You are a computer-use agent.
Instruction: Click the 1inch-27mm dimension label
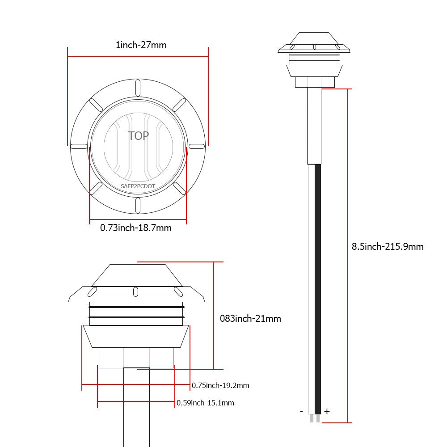(141, 45)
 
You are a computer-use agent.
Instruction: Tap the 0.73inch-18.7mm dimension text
(136, 228)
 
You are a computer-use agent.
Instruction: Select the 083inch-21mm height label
(250, 318)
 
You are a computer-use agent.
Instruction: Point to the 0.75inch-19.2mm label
(220, 385)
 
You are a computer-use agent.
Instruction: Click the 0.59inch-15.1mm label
(205, 403)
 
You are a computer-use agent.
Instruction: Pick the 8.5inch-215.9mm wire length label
(388, 247)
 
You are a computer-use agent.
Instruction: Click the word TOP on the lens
(138, 136)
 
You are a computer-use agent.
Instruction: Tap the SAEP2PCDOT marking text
(138, 186)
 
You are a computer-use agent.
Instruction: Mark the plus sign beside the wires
(327, 411)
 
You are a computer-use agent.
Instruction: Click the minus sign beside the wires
(302, 411)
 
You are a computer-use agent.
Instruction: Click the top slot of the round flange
(138, 88)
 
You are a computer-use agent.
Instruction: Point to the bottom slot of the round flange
(138, 205)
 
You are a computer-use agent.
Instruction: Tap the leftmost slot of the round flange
(79, 147)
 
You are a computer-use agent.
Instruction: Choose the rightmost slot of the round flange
(197, 147)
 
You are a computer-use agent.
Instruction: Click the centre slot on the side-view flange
(136, 292)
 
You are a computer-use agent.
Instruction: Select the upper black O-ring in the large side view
(136, 307)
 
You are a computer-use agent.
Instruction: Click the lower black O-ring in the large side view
(136, 317)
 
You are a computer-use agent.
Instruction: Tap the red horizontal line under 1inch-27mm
(138, 56)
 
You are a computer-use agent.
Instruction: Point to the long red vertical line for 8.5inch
(347, 256)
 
